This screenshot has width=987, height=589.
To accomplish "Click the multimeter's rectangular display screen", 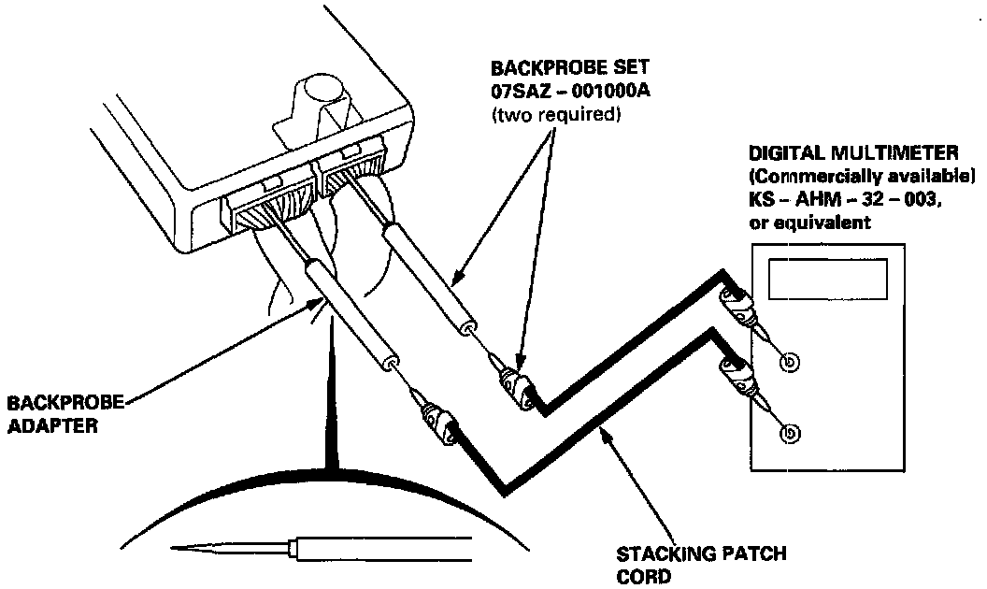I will [825, 278].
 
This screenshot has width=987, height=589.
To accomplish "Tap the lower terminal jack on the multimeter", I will [791, 434].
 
